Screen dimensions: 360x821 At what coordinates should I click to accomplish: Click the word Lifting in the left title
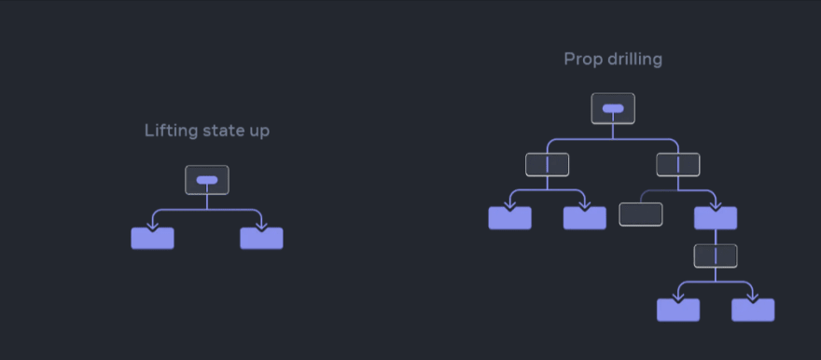click(x=165, y=132)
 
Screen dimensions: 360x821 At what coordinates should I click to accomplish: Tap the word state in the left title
click(x=219, y=131)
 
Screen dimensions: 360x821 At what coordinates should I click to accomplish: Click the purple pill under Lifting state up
click(x=207, y=180)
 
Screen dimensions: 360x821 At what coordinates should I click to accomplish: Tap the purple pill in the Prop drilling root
click(x=613, y=108)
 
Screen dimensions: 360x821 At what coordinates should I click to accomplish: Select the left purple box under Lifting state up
click(x=152, y=238)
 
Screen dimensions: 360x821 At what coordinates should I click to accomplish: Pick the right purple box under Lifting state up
click(x=261, y=238)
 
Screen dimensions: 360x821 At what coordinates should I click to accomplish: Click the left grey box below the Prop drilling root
click(x=548, y=165)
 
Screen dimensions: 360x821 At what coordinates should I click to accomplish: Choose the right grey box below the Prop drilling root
click(x=678, y=165)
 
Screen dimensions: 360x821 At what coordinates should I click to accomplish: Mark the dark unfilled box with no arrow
click(x=641, y=215)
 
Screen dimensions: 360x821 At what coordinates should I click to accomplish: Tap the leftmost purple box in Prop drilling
click(x=510, y=218)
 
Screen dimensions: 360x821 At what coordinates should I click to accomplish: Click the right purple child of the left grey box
click(x=585, y=218)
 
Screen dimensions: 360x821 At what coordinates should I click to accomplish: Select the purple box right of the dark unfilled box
click(x=716, y=218)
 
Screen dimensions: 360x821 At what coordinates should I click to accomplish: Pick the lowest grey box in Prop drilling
click(x=716, y=256)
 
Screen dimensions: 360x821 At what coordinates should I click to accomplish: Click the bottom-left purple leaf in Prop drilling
click(x=678, y=311)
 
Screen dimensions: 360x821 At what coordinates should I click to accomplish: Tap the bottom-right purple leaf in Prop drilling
click(x=753, y=311)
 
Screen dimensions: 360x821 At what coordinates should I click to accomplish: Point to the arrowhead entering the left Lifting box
click(x=152, y=226)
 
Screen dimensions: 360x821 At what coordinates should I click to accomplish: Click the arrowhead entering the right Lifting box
click(x=261, y=226)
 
